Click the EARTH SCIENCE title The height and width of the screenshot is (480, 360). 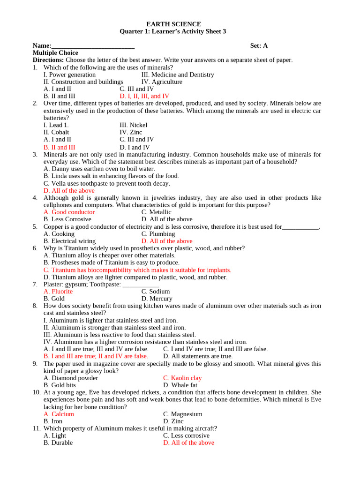[x=174, y=24]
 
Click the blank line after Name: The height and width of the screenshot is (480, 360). [x=93, y=46]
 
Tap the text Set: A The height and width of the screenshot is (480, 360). [x=259, y=45]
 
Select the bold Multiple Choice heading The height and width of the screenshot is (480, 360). [x=55, y=53]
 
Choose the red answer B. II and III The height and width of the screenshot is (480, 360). [x=59, y=147]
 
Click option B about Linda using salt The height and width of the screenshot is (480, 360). [x=111, y=176]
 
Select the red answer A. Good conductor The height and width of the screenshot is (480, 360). [x=69, y=212]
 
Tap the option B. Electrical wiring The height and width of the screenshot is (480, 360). [x=69, y=241]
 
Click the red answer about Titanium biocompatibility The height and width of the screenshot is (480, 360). [x=137, y=270]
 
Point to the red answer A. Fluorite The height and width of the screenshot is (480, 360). [x=58, y=292]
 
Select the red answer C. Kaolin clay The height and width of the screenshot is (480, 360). [x=182, y=378]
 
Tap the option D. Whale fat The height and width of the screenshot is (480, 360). [x=180, y=385]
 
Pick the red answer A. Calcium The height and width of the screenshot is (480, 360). [x=59, y=414]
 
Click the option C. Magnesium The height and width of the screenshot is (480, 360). [x=182, y=414]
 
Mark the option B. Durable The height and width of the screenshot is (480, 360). [x=58, y=443]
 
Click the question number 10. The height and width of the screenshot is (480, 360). [x=36, y=392]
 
